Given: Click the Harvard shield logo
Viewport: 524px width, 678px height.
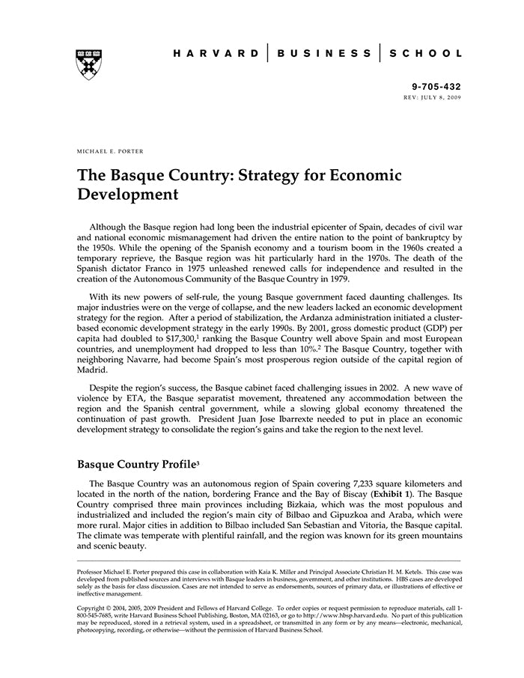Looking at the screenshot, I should [x=89, y=64].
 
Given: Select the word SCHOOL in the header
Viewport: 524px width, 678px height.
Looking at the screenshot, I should [x=426, y=54].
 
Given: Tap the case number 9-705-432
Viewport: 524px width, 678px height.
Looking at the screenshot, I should [x=438, y=87].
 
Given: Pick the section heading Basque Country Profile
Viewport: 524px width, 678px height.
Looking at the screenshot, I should [x=135, y=464].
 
